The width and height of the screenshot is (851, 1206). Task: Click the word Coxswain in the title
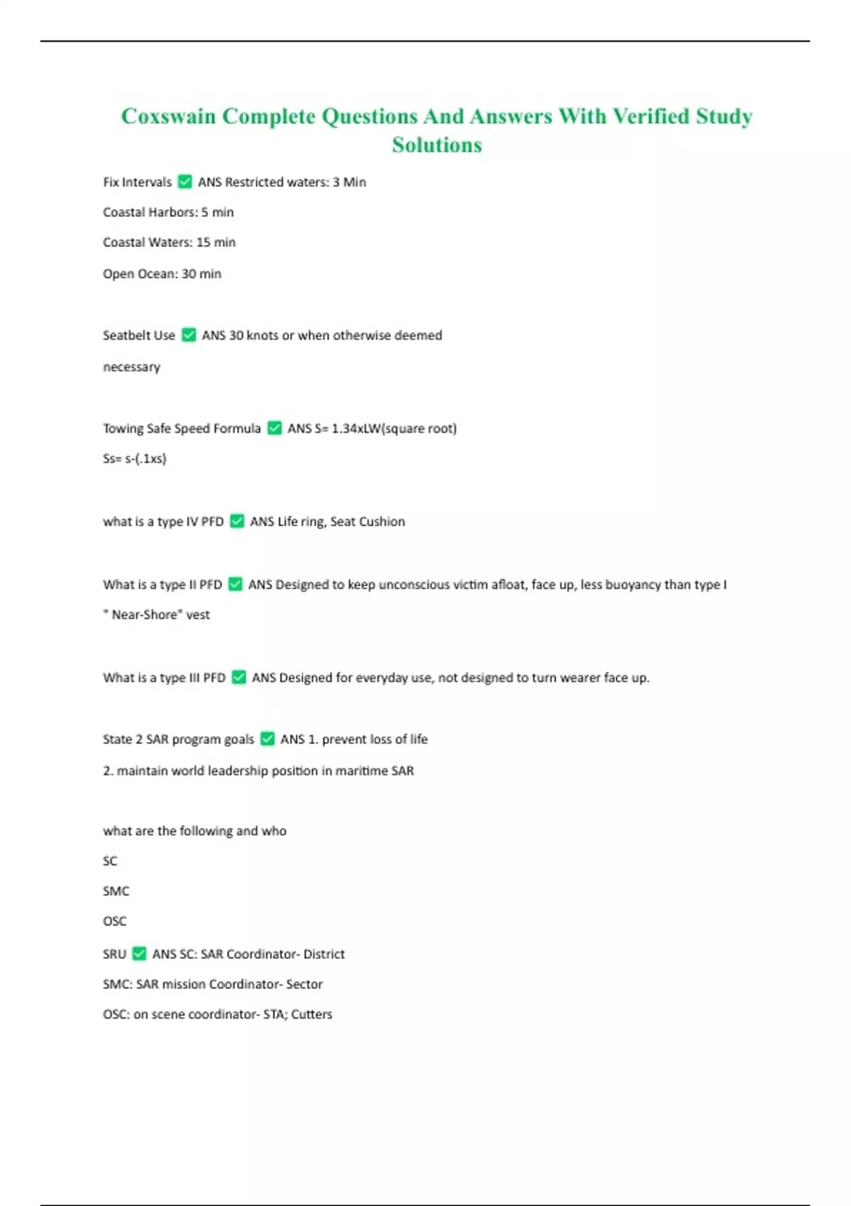point(168,116)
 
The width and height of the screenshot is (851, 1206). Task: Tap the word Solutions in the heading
point(437,145)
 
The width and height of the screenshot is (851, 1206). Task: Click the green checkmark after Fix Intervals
point(185,182)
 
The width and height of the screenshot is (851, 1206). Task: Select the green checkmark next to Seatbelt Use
point(189,335)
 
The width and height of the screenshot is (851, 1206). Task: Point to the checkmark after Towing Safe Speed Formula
point(274,428)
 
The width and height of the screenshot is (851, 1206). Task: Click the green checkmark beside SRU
point(140,953)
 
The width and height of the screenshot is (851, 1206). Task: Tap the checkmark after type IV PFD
point(238,521)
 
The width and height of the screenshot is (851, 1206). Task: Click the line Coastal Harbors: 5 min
point(168,212)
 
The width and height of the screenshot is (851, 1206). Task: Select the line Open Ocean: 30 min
point(162,274)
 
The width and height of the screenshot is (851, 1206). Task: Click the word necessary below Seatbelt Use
point(131,367)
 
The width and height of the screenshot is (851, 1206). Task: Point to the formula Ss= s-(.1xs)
point(135,458)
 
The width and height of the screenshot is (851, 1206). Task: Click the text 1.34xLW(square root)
point(394,428)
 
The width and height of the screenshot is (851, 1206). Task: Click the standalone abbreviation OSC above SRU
point(114,921)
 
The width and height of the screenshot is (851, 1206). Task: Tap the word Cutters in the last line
point(311,1014)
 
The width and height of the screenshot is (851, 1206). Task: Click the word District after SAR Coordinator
point(323,954)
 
